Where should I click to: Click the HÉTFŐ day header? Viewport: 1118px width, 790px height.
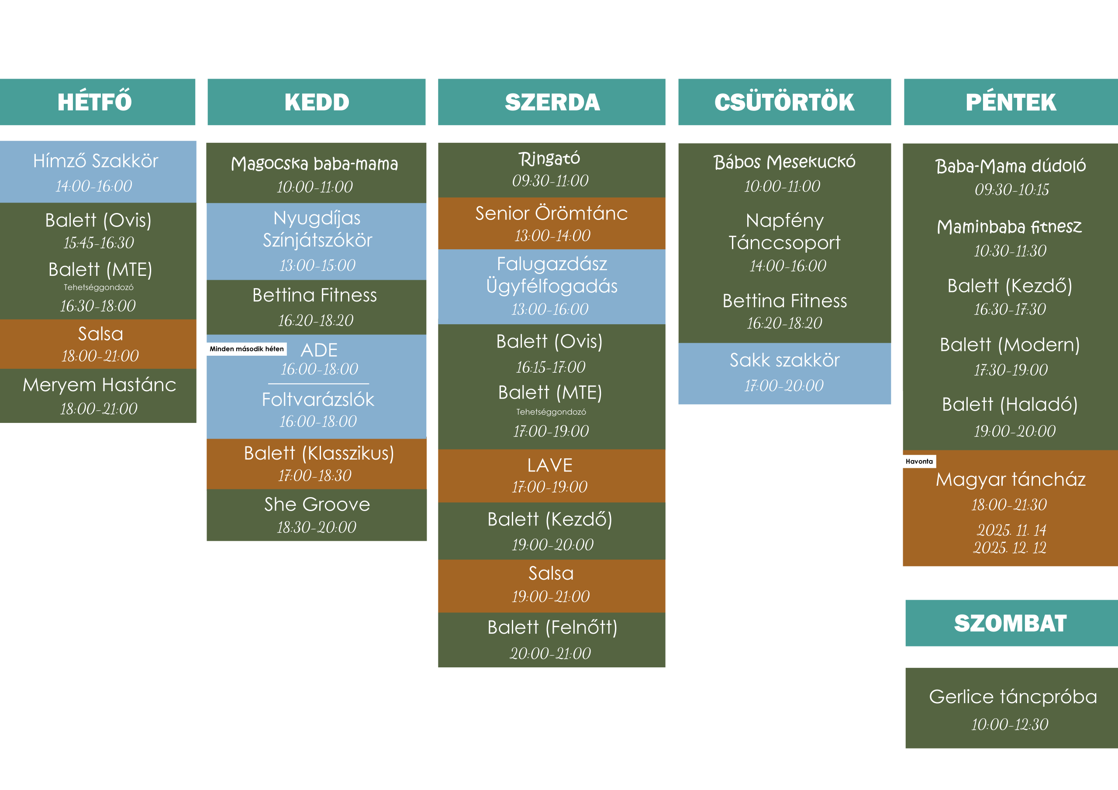pyautogui.click(x=95, y=102)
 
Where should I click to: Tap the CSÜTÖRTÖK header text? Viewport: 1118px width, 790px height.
pyautogui.click(x=784, y=102)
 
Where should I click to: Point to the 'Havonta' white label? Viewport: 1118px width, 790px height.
pyautogui.click(x=919, y=461)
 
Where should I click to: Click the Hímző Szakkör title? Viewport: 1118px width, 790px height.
pyautogui.click(x=96, y=161)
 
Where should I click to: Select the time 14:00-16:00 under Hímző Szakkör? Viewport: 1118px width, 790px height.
pyautogui.click(x=94, y=186)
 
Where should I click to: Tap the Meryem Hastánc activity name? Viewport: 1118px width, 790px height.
pyautogui.click(x=99, y=385)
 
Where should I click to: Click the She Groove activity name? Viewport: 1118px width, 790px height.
pyautogui.click(x=317, y=505)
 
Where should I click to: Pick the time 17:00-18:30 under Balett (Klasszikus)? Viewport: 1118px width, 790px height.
pyautogui.click(x=315, y=476)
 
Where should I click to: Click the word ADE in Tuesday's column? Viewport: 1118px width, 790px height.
pyautogui.click(x=319, y=350)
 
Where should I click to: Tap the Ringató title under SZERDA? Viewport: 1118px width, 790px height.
pyautogui.click(x=549, y=158)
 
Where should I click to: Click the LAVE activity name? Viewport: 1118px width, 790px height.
pyautogui.click(x=550, y=465)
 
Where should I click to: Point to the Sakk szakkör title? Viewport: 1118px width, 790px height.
pyautogui.click(x=784, y=360)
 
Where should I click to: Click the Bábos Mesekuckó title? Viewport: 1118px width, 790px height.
pyautogui.click(x=784, y=162)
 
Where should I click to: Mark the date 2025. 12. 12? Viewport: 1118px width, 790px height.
pyautogui.click(x=1009, y=548)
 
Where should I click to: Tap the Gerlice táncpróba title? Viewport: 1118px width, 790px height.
pyautogui.click(x=1013, y=697)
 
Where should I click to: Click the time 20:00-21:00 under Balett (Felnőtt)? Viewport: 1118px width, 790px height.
pyautogui.click(x=550, y=654)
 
